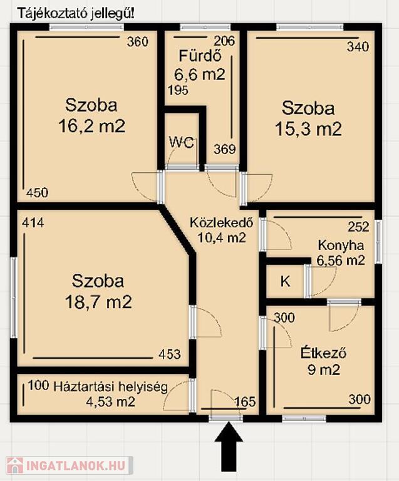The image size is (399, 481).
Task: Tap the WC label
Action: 182,143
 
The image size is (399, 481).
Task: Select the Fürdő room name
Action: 200,56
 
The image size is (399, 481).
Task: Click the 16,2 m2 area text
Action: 91,126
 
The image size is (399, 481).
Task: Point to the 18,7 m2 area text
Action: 98,302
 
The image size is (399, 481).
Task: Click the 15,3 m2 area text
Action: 309,129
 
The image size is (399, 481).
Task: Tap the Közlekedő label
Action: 222,222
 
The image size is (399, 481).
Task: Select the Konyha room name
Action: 341,246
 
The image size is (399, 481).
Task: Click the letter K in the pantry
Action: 285,281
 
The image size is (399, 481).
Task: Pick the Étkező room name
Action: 324,353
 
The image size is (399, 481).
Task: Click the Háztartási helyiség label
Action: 111,387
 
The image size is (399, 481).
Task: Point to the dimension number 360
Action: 138,42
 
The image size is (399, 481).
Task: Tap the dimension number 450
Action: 37,193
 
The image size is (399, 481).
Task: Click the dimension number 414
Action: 33,223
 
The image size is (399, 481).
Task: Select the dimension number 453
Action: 170,354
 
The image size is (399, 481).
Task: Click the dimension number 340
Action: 358,47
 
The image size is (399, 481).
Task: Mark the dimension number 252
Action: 358,227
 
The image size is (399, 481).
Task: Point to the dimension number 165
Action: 245,402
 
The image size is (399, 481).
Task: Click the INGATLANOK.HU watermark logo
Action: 70,466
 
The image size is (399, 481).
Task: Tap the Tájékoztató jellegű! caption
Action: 76,14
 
